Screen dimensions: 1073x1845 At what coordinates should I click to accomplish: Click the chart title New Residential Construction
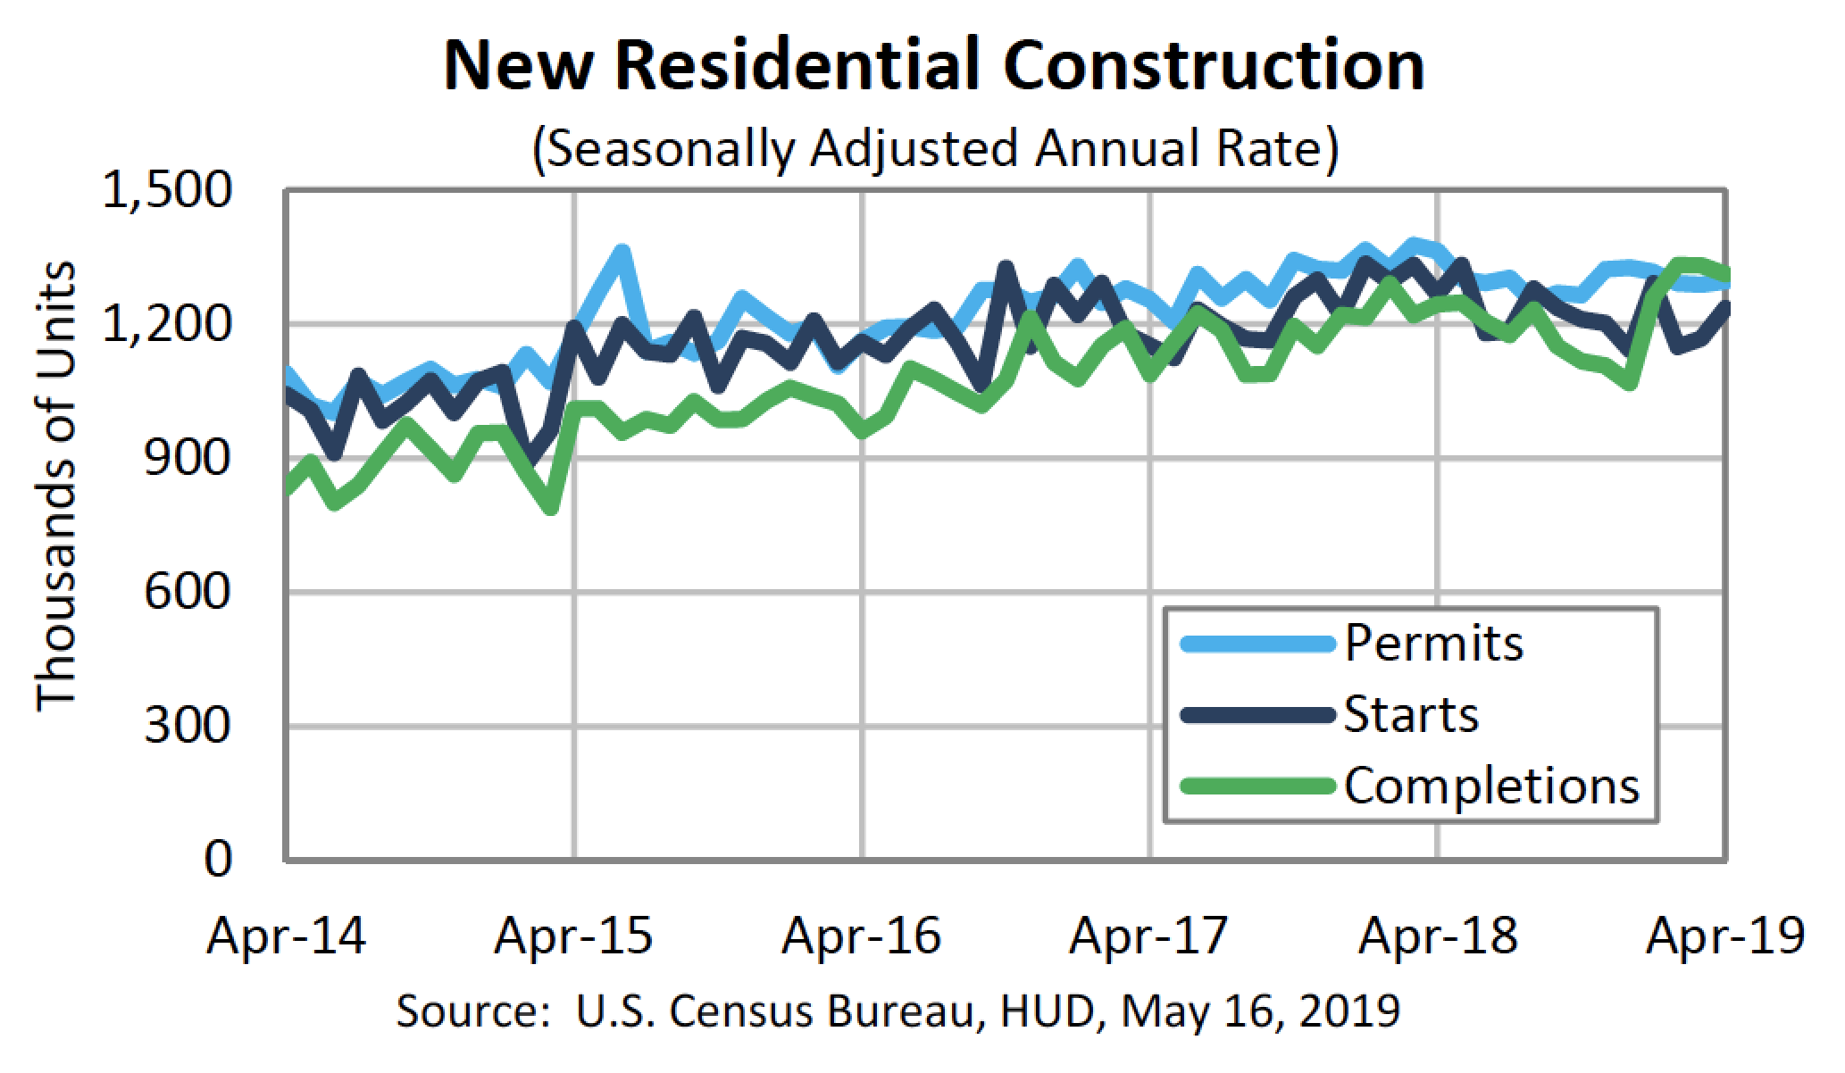[933, 66]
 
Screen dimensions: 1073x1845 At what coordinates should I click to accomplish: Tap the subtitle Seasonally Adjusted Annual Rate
[935, 148]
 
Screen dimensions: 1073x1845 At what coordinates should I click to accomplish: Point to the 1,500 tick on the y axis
[166, 191]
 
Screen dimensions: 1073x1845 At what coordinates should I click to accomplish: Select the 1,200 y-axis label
[166, 325]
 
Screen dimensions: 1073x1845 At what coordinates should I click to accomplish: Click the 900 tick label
[188, 458]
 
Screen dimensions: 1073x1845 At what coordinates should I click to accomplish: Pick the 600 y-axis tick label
[188, 592]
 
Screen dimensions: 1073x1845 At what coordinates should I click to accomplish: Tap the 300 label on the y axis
[188, 726]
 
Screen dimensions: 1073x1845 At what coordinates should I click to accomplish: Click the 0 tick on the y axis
[218, 860]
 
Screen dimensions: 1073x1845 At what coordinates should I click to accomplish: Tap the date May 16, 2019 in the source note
[1260, 1011]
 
